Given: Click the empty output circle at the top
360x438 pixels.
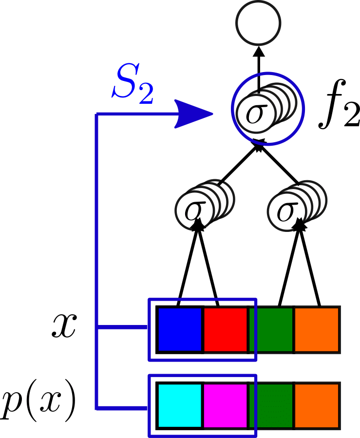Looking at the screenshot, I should [x=258, y=22].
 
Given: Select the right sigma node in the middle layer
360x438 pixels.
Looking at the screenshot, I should [x=288, y=209].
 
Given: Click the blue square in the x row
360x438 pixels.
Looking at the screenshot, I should [x=179, y=329].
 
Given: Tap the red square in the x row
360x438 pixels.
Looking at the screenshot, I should [x=225, y=329].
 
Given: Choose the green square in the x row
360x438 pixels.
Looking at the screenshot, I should [x=271, y=329].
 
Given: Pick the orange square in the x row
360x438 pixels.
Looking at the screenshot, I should [x=317, y=329].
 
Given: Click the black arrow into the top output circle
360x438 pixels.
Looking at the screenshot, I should [x=258, y=63].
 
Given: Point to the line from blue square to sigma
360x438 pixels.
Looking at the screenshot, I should [x=188, y=268].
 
